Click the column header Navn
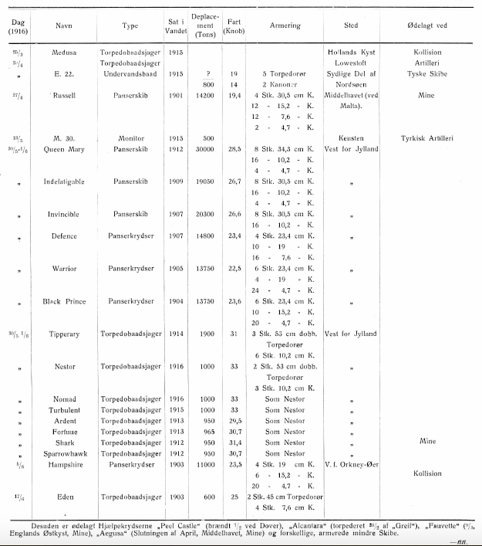coord(65,26)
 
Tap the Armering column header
coord(285,26)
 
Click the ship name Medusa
coord(65,53)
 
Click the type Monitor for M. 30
coord(130,138)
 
